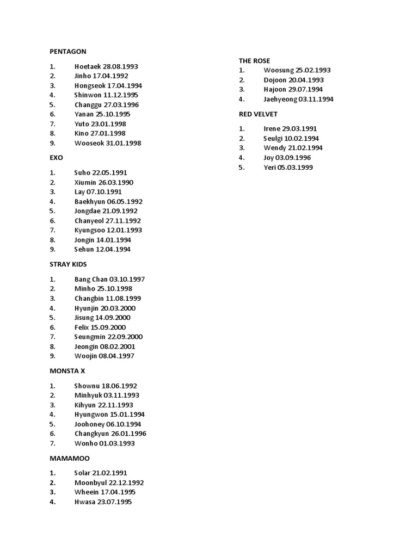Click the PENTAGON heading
pos(68,52)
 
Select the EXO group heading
pos(56,158)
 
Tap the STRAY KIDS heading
pos(68,264)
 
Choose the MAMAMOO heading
pos(70,459)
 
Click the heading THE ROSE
pos(254,61)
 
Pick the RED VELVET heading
pos(258,114)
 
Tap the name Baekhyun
pos(90,201)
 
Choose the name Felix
pos(83,327)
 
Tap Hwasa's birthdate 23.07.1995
pos(114,502)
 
